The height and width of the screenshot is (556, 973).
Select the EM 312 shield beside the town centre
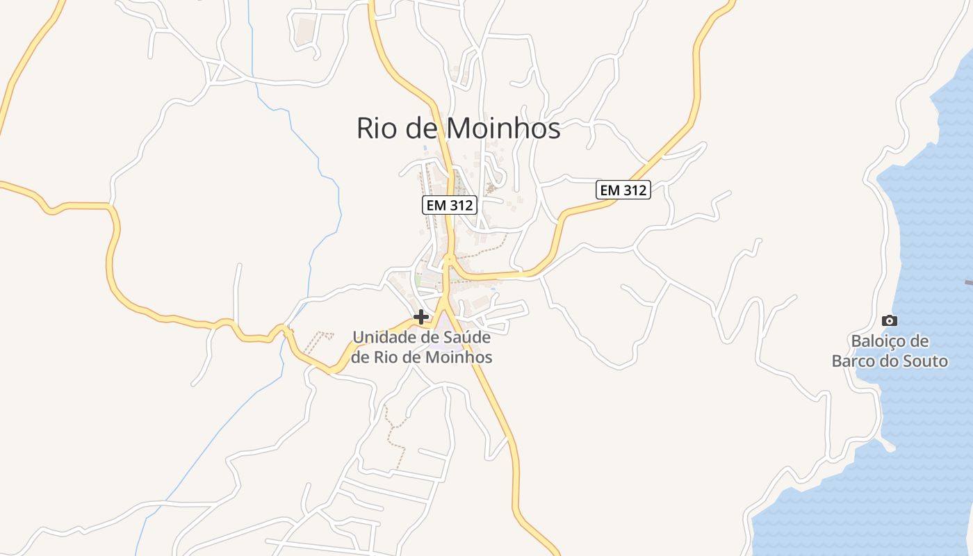[x=449, y=205]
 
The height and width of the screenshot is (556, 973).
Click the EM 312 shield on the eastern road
[x=623, y=190]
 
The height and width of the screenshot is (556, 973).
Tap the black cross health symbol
[x=420, y=317]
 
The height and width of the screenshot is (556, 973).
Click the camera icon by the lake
[x=889, y=320]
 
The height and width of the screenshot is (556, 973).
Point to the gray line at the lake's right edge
[x=968, y=283]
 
